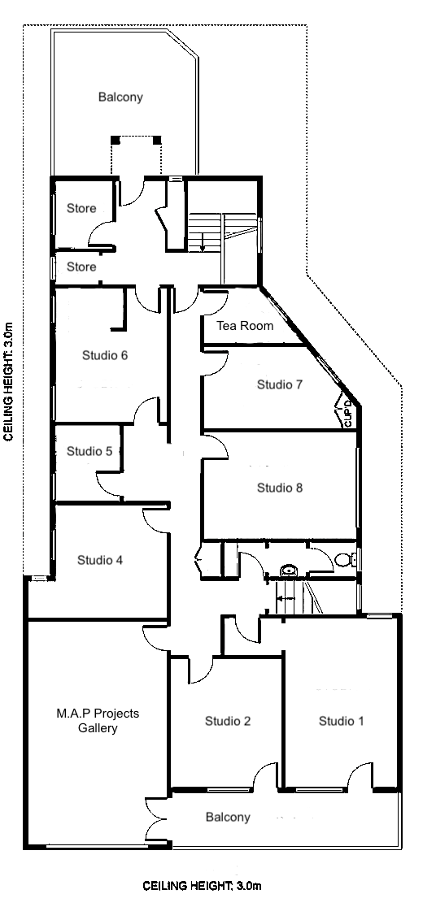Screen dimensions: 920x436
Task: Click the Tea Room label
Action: [x=244, y=326]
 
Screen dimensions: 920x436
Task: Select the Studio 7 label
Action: [x=280, y=384]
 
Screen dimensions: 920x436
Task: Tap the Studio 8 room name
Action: [x=280, y=488]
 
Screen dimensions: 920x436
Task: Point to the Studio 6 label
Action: [x=105, y=355]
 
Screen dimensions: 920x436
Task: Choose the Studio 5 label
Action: [x=89, y=451]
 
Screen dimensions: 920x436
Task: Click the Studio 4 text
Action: [x=100, y=559]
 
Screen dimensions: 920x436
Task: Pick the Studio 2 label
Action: [x=228, y=721]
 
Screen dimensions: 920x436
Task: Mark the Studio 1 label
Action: [x=342, y=721]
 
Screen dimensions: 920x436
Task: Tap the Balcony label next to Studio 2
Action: [x=228, y=817]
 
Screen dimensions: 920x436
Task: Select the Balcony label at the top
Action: [x=120, y=97]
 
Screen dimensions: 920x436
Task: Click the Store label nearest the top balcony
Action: [x=81, y=208]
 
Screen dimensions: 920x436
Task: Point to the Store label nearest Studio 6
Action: [x=81, y=267]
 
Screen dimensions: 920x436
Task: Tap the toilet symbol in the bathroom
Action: [x=345, y=559]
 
